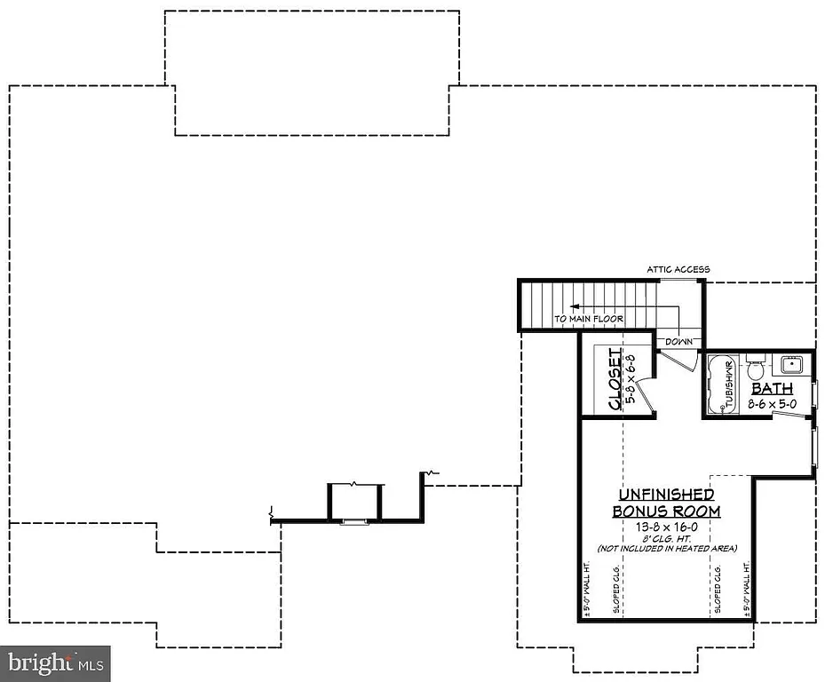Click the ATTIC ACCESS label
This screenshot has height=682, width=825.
click(x=678, y=269)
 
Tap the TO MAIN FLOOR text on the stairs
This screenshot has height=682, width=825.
click(x=589, y=319)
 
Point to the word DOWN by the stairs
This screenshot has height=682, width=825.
click(x=678, y=341)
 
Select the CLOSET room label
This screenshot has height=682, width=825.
click(x=615, y=379)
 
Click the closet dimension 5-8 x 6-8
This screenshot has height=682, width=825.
click(x=632, y=379)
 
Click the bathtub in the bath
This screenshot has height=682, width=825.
click(x=721, y=385)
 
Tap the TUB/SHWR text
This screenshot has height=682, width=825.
click(x=727, y=385)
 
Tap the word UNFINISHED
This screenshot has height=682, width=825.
click(x=666, y=494)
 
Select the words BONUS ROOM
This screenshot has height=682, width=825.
click(x=666, y=511)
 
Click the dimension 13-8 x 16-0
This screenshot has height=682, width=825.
click(x=666, y=527)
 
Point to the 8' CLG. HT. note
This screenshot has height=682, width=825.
click(x=666, y=538)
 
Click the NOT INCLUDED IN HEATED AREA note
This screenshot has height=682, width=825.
click(x=666, y=549)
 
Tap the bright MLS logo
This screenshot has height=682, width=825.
click(x=55, y=663)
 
